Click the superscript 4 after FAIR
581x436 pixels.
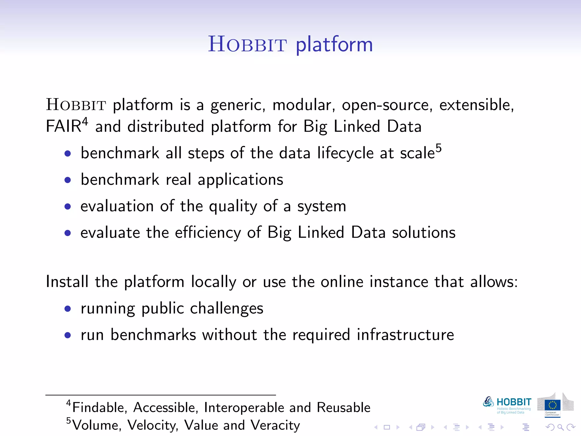pos(85,121)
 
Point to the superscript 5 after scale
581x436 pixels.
pos(439,148)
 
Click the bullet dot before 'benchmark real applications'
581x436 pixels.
pos(68,180)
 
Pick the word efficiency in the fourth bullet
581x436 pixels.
pos(208,233)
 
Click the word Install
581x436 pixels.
pos(67,282)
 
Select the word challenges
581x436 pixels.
pos(226,309)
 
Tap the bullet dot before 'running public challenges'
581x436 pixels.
pos(68,309)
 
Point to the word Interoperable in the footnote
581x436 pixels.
pos(244,408)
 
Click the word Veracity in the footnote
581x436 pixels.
pos(275,425)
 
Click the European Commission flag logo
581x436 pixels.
pos(552,405)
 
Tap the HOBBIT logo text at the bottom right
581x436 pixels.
pos(514,402)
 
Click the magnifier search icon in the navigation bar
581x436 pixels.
pos(560,427)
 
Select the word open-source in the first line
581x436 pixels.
pos(387,105)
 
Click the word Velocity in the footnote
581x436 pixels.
pos(153,425)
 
